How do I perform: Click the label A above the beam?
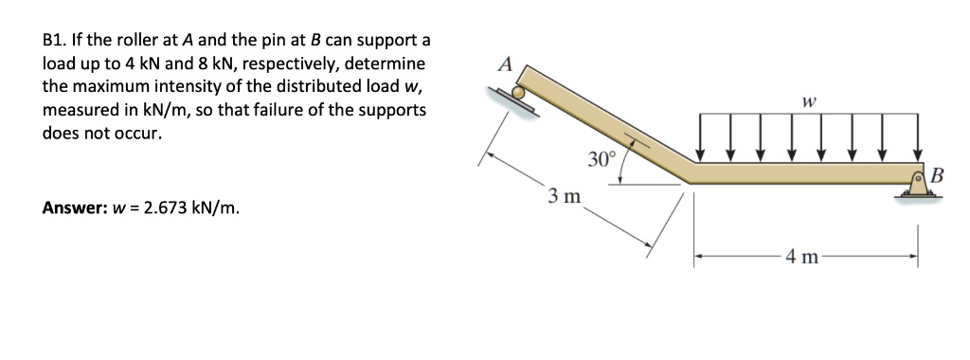pyautogui.click(x=505, y=64)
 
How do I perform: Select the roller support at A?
pyautogui.click(x=518, y=96)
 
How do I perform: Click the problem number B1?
pyautogui.click(x=56, y=41)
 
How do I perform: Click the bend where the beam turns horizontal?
pyautogui.click(x=689, y=171)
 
